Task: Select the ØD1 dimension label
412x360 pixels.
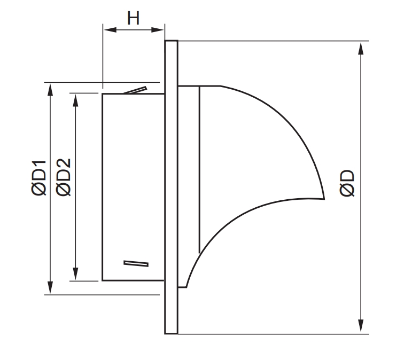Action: click(x=39, y=179)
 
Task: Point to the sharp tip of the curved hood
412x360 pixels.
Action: click(x=324, y=199)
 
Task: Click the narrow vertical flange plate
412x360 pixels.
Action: click(x=171, y=187)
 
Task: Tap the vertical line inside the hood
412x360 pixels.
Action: click(x=199, y=168)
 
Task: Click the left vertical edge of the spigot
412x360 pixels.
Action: click(x=103, y=187)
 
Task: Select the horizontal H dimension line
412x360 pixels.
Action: click(x=133, y=30)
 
